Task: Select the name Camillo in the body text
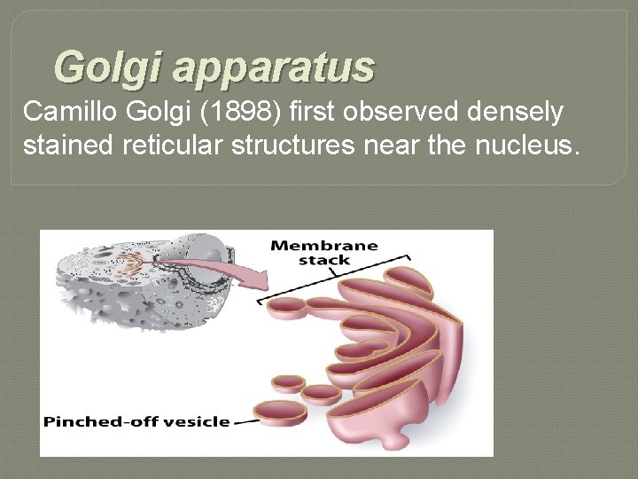(x=63, y=112)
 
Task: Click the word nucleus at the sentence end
(x=533, y=144)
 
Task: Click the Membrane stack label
(x=323, y=253)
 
